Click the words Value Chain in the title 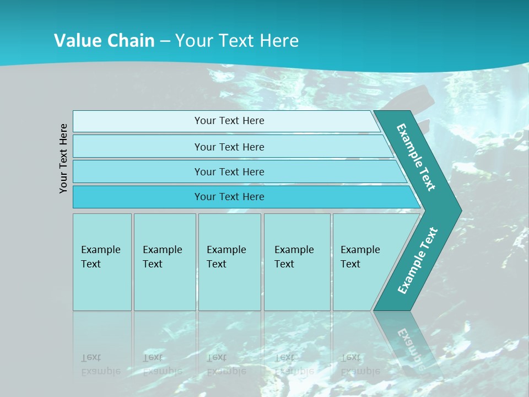104,41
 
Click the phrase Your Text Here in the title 237,41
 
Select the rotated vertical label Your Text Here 64,158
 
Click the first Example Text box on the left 102,262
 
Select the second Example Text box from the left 165,262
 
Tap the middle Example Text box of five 229,262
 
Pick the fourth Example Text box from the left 297,262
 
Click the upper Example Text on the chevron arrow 416,157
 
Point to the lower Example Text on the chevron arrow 417,260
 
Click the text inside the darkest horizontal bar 229,197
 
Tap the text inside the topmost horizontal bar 229,121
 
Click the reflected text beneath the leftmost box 100,364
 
